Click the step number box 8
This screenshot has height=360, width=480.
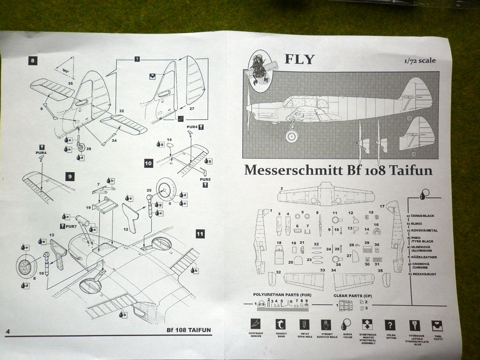coord(32,60)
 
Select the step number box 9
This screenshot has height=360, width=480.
coord(69,177)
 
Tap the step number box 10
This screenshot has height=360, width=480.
coord(149,163)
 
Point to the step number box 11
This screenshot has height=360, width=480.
coord(200,233)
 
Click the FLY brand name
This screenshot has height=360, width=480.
coord(300,59)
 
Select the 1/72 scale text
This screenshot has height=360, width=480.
coord(420,60)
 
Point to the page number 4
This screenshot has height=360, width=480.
coord(7,332)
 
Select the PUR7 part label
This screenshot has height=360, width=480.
coord(71,227)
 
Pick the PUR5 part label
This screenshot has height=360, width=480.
coord(205,179)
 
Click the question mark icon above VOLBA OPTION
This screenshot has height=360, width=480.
coord(390,325)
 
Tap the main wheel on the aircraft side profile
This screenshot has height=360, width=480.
coord(292,136)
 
